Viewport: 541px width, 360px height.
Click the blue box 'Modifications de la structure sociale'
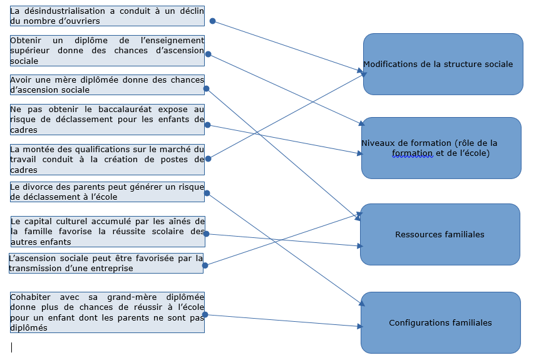click(443, 64)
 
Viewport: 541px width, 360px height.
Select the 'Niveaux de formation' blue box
click(441, 148)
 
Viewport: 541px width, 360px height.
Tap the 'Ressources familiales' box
click(440, 234)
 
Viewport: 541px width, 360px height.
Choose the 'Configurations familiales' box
click(440, 322)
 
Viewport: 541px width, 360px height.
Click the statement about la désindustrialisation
click(107, 16)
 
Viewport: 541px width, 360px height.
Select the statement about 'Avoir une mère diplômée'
click(107, 85)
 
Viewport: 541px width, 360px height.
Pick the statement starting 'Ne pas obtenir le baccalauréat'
click(107, 119)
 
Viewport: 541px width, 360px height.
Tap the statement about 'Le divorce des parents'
click(107, 192)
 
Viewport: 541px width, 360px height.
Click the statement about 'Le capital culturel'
click(107, 232)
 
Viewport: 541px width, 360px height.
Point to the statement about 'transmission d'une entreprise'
click(106, 263)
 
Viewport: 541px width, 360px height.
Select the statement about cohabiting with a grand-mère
click(107, 312)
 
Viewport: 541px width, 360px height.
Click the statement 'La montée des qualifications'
click(107, 159)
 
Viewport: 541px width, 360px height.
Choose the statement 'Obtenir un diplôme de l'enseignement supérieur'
click(107, 50)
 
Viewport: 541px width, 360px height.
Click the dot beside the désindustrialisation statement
click(212, 21)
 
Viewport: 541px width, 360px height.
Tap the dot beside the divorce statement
click(208, 193)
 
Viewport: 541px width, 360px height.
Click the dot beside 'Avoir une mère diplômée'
click(207, 88)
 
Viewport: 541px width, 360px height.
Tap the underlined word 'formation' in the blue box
click(412, 153)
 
